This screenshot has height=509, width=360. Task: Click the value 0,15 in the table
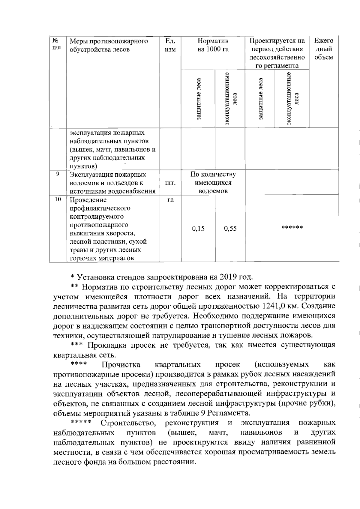pos(198,229)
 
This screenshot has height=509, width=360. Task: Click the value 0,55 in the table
pos(230,229)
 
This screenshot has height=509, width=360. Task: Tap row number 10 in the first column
pos(58,199)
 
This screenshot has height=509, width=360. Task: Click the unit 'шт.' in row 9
pos(170,183)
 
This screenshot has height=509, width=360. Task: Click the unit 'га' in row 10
pos(170,200)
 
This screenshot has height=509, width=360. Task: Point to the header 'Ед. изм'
pos(170,45)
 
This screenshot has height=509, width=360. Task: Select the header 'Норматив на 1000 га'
pos(213,45)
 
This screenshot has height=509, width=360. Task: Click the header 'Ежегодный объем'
pos(324,49)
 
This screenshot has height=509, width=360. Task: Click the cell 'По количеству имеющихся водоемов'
pos(213,183)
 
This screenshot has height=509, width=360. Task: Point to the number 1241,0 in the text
pos(274,306)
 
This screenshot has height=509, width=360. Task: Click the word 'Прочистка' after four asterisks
pos(121,365)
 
